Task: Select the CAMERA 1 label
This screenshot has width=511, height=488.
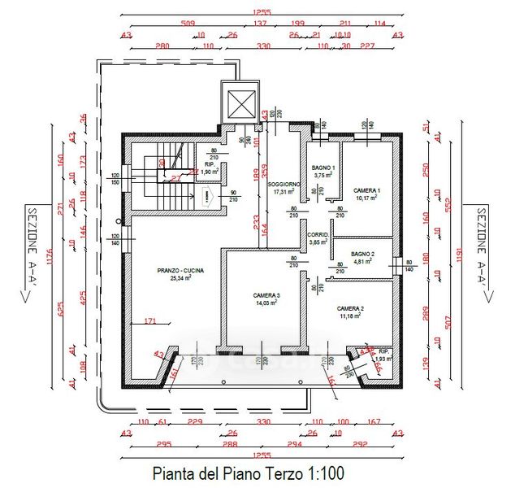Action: pyautogui.click(x=367, y=190)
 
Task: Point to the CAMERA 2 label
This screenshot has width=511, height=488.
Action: pyautogui.click(x=350, y=309)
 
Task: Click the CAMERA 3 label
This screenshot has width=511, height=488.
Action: pyautogui.click(x=266, y=294)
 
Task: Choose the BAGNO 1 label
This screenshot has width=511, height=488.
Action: pyautogui.click(x=324, y=167)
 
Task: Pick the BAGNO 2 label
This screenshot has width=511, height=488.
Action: pyautogui.click(x=362, y=255)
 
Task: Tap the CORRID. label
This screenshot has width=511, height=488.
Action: pyautogui.click(x=318, y=234)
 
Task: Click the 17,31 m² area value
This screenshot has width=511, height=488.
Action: pyautogui.click(x=284, y=193)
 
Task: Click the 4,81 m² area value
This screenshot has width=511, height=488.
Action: pyautogui.click(x=362, y=263)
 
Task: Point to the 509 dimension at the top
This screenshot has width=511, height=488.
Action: pyautogui.click(x=188, y=24)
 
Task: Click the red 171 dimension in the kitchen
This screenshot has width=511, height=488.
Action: pyautogui.click(x=149, y=322)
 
